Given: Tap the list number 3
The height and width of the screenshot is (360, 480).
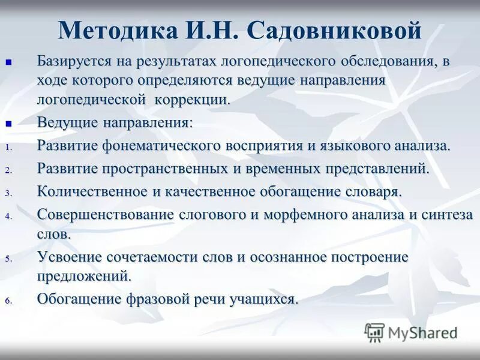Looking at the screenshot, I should [x=8, y=193].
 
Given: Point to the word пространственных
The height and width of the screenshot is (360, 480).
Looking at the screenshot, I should [x=162, y=168].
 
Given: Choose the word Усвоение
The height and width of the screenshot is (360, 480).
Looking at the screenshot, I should [x=71, y=257].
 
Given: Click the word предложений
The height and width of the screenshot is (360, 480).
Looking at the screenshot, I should [x=83, y=276].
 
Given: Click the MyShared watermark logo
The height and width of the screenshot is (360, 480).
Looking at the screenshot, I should [x=411, y=332].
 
